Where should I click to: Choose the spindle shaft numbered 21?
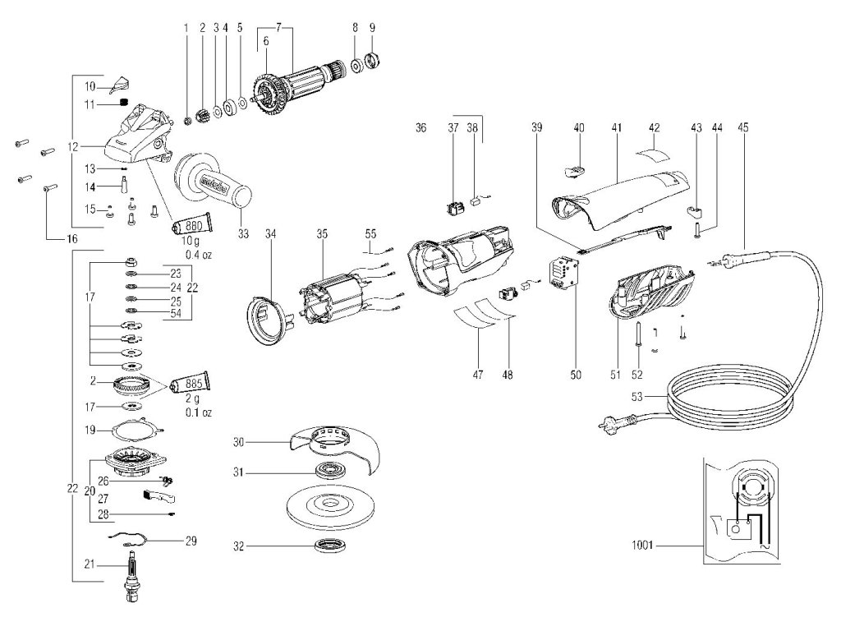coord(131,575)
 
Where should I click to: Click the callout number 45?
coord(743,127)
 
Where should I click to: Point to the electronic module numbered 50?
coord(565,272)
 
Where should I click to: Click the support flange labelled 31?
coord(332,473)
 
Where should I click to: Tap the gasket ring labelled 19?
coord(135,429)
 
